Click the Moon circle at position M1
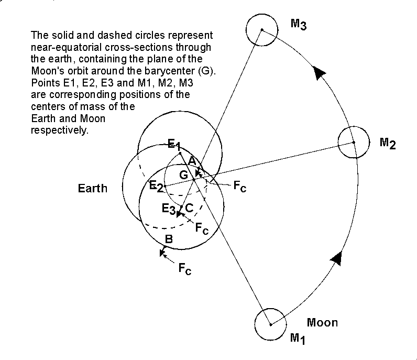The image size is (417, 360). coord(270,324)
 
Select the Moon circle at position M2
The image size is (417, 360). coord(354,142)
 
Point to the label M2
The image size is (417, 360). coord(388,143)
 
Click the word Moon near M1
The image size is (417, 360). coord(322,322)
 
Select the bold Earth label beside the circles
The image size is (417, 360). coord(93,188)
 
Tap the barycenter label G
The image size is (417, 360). coord(183,175)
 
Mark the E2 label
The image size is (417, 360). coord(156,186)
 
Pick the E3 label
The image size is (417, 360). coord(168,209)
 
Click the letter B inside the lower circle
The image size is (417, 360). coord(169,239)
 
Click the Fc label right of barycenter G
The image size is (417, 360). coord(239,188)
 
